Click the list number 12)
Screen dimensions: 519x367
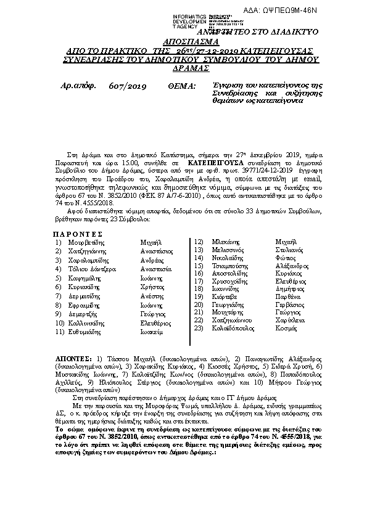pos(199,242)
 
